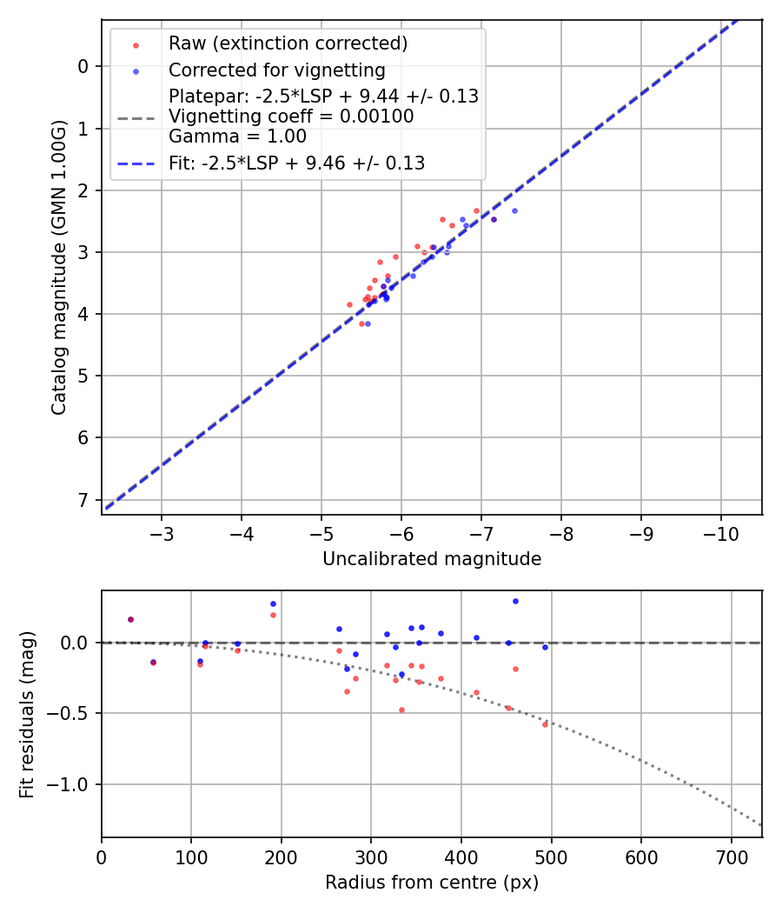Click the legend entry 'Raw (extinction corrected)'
[x=288, y=43]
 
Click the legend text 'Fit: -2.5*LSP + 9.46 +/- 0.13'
[x=296, y=163]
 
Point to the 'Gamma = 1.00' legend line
[x=237, y=136]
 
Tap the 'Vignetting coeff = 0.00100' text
[x=291, y=117]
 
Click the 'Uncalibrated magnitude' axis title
[x=432, y=559]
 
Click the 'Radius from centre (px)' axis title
[x=432, y=883]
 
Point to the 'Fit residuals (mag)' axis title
[x=27, y=715]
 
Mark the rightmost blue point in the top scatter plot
[x=514, y=210]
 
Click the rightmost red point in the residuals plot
[x=545, y=724]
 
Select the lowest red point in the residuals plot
[x=545, y=724]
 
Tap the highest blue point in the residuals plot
[x=515, y=601]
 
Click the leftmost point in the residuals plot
[x=130, y=619]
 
